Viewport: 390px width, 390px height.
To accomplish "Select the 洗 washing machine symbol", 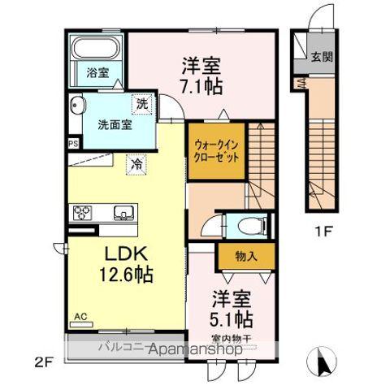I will (141, 104).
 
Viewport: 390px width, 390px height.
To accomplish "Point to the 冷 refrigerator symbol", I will (137, 163).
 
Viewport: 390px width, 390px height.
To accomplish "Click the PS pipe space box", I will (73, 143).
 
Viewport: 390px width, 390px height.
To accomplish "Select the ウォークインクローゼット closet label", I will (217, 150).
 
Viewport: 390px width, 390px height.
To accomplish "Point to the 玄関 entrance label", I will (321, 57).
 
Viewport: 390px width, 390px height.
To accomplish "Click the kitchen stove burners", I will (84, 214).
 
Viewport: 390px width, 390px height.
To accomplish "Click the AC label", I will (82, 316).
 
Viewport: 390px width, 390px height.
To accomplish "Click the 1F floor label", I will (323, 231).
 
